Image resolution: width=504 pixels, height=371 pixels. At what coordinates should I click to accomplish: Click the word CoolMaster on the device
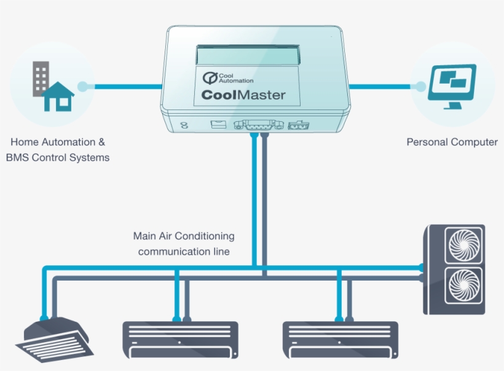pos(243,95)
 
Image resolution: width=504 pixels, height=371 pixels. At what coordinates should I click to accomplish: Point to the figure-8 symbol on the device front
pos(183,125)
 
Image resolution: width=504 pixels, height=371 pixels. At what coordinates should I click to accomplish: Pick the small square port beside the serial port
pos(217,125)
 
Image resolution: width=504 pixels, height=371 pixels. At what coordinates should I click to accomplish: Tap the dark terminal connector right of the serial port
pos(298,125)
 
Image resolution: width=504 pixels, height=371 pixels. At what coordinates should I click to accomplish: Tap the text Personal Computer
pos(452,142)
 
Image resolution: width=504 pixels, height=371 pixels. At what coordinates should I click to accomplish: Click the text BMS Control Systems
pos(58,158)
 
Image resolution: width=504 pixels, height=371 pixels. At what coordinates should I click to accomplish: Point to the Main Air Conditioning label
pos(184,236)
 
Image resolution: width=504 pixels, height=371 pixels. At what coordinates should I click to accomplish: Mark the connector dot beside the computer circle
pos(420,87)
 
